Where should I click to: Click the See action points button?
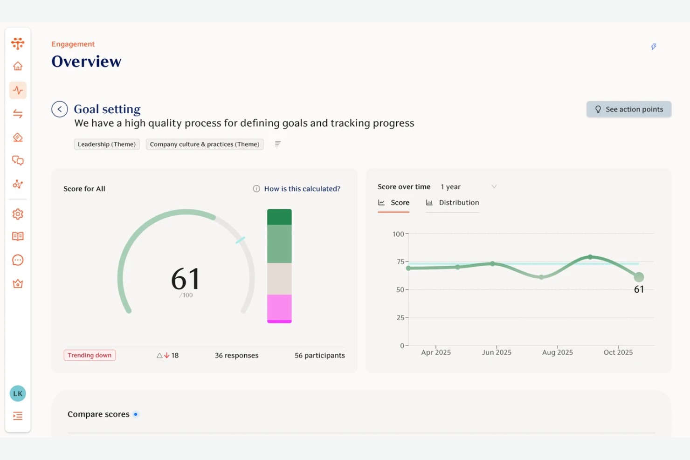click(628, 110)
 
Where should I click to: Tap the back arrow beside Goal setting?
click(60, 110)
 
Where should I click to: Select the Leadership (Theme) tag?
click(107, 144)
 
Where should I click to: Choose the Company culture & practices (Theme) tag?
click(204, 144)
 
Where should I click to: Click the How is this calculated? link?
click(302, 189)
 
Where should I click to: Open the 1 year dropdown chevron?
click(494, 187)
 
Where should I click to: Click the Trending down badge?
click(90, 355)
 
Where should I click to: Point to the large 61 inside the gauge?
click(186, 279)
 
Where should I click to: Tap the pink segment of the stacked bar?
click(279, 307)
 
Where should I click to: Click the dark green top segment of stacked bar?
click(279, 217)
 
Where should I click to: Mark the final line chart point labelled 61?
click(639, 277)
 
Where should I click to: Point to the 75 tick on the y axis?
click(400, 262)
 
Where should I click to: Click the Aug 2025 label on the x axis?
click(557, 352)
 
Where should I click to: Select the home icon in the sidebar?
click(18, 66)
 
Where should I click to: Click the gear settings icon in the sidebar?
click(18, 214)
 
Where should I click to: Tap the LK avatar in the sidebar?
click(18, 393)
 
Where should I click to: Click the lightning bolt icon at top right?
click(654, 47)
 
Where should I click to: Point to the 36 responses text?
click(236, 355)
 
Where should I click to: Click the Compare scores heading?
click(98, 414)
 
